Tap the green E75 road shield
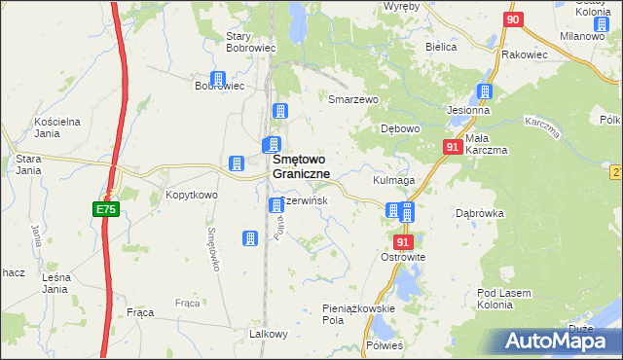(106, 209)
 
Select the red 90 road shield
(514, 19)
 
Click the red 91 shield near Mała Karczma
(452, 146)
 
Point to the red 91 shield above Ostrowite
(404, 240)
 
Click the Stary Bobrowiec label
(251, 41)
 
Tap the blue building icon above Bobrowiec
(218, 80)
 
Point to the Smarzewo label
(351, 99)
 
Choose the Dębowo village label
(399, 128)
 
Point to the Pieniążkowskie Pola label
(358, 313)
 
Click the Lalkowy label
(270, 334)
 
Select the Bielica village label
(441, 46)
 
